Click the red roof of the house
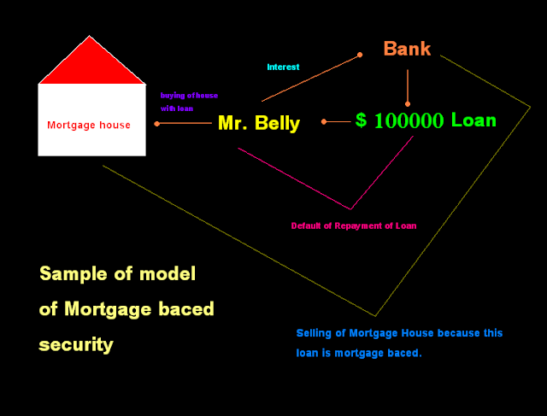tap(90, 65)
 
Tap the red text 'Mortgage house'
tap(89, 125)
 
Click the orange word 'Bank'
tap(407, 49)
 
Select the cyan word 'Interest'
tap(283, 67)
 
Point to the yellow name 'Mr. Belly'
tap(259, 123)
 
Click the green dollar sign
tap(361, 120)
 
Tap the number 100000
tap(409, 120)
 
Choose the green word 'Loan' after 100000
tap(473, 120)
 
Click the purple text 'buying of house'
tap(189, 96)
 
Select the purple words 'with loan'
tap(177, 108)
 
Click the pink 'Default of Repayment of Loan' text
tap(354, 226)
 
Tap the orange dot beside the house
tap(157, 124)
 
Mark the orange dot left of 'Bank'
tap(360, 55)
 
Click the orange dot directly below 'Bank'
tap(408, 104)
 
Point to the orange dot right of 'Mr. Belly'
tap(324, 121)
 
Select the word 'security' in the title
tap(76, 345)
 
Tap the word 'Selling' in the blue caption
tap(314, 334)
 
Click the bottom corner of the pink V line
tap(350, 209)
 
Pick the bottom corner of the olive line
tap(375, 316)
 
